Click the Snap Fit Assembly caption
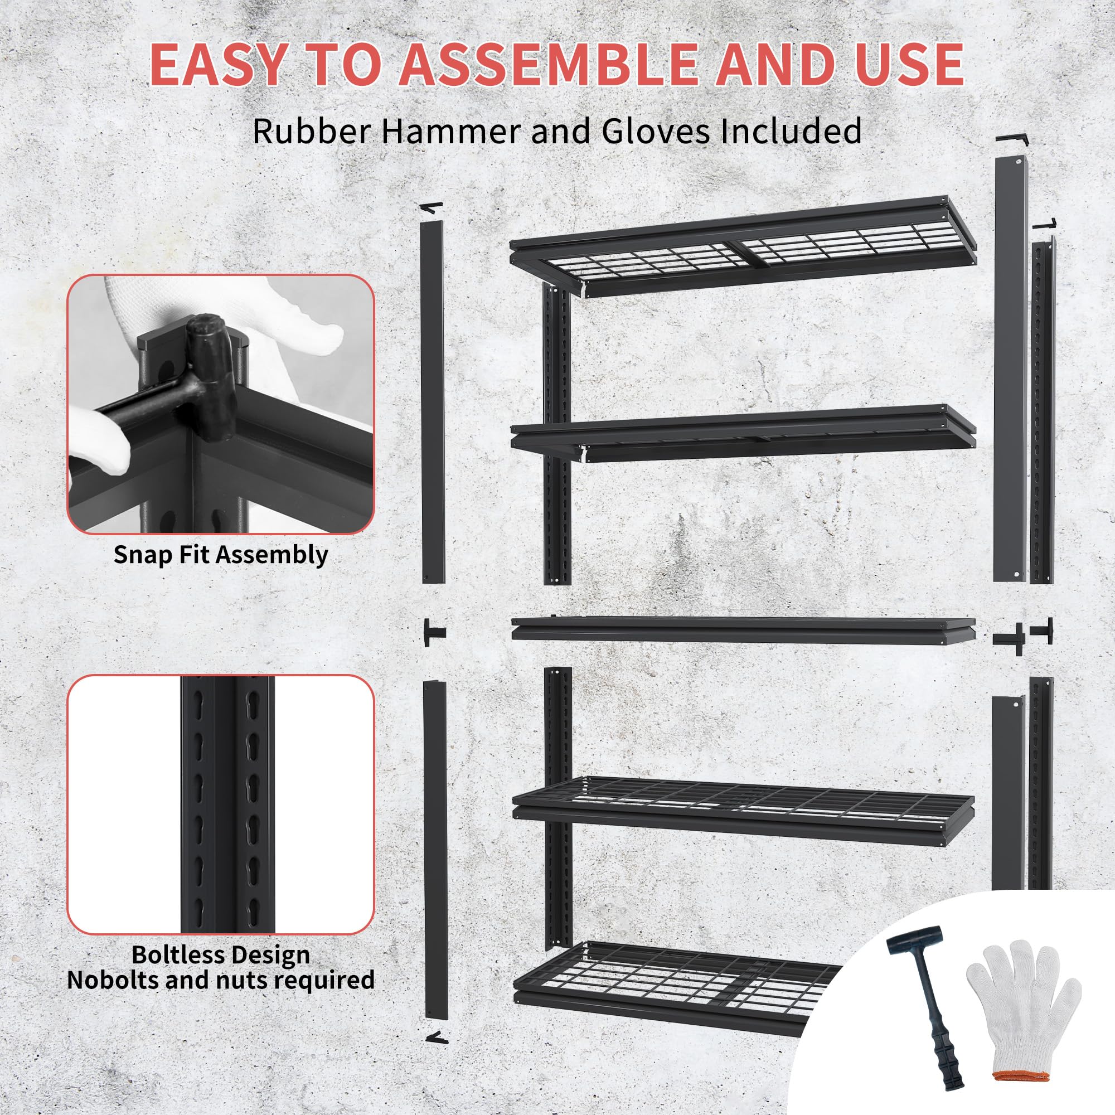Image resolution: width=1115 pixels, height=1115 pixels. click(220, 555)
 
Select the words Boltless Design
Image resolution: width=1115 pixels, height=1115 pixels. click(220, 955)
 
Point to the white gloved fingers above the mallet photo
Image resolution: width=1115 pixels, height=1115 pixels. click(300, 323)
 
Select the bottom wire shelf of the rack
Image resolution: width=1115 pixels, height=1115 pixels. click(670, 981)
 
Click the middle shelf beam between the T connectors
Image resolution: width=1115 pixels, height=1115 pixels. click(743, 628)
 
